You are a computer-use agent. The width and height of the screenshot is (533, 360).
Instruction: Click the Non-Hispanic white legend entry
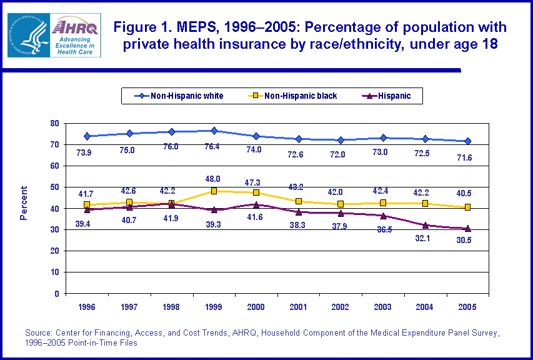pyautogui.click(x=179, y=96)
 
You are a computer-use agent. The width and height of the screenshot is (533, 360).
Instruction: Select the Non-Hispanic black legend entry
pyautogui.click(x=293, y=96)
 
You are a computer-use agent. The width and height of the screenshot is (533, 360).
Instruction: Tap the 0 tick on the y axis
pyautogui.click(x=56, y=293)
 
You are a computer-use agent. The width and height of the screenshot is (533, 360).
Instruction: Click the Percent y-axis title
pyautogui.click(x=24, y=203)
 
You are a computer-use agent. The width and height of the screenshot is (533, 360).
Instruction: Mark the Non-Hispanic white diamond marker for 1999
pyautogui.click(x=214, y=131)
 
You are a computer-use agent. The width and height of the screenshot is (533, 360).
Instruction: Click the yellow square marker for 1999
pyautogui.click(x=214, y=191)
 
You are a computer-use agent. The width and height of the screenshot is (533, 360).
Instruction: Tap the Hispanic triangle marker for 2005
pyautogui.click(x=467, y=229)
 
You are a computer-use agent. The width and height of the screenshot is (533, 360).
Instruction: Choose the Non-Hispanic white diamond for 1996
pyautogui.click(x=87, y=136)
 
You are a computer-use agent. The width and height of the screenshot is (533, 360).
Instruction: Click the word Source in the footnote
pyautogui.click(x=38, y=332)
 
